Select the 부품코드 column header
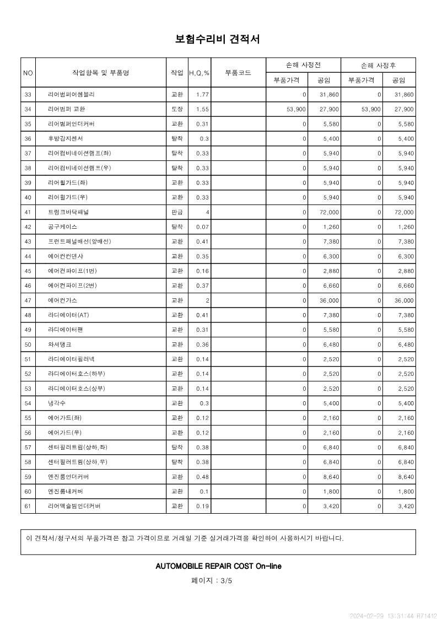238,72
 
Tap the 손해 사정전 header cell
303,65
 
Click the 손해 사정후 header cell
378,65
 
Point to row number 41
28,212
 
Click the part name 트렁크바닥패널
69,212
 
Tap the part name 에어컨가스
62,300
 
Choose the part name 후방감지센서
66,138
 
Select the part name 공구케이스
63,227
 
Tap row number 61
28,506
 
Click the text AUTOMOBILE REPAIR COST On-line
218,566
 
